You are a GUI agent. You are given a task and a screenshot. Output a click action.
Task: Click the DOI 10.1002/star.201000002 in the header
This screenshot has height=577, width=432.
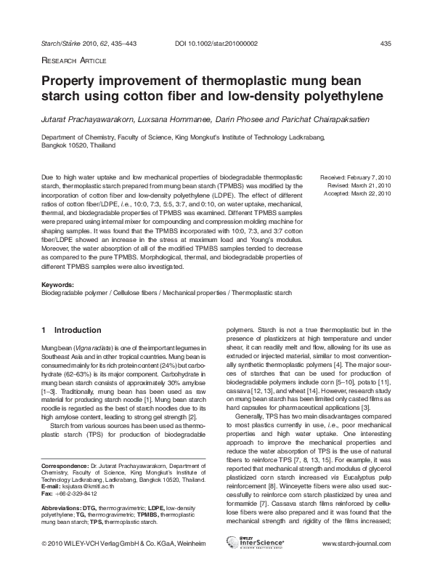tap(216, 44)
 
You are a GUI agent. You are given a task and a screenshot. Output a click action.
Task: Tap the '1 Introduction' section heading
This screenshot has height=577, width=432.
tap(71, 330)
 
